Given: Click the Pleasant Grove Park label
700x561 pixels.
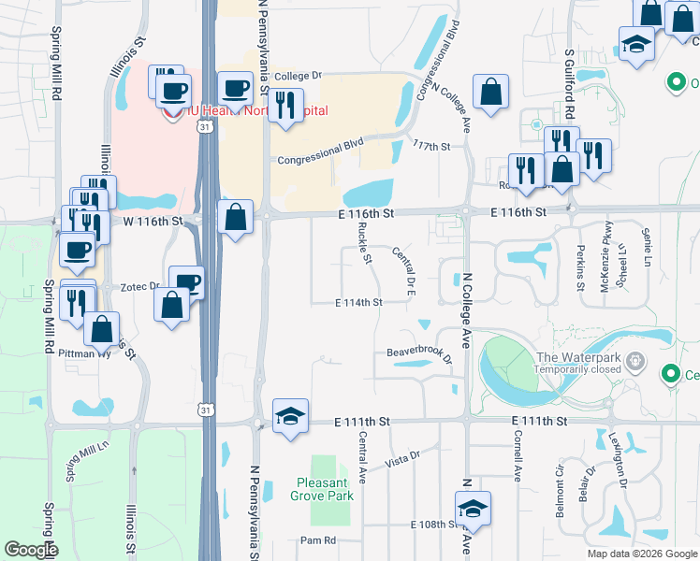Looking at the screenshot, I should coord(325,489).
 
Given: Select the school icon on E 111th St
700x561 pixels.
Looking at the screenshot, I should coord(290,415).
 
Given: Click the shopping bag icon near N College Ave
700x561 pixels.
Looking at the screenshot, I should coord(490,92).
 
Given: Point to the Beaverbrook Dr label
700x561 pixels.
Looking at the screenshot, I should coord(419,354).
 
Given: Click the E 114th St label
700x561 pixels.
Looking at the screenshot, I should coord(359,302).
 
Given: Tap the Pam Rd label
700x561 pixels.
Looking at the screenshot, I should coord(316,540).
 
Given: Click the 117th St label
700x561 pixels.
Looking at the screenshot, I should coord(431,146).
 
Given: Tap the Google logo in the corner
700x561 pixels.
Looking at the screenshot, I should coord(31,550).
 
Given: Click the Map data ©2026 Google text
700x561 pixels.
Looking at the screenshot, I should coord(642,554).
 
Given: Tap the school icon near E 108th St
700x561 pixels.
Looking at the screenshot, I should coord(472,508).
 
